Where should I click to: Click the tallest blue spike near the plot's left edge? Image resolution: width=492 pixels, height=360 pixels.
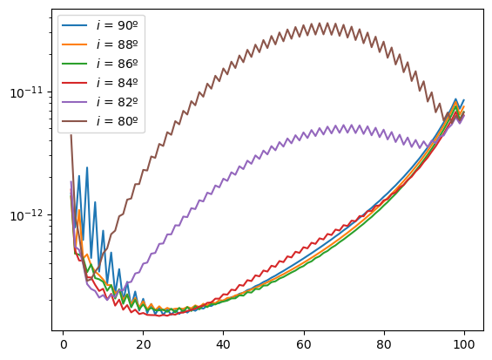point(87,167)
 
